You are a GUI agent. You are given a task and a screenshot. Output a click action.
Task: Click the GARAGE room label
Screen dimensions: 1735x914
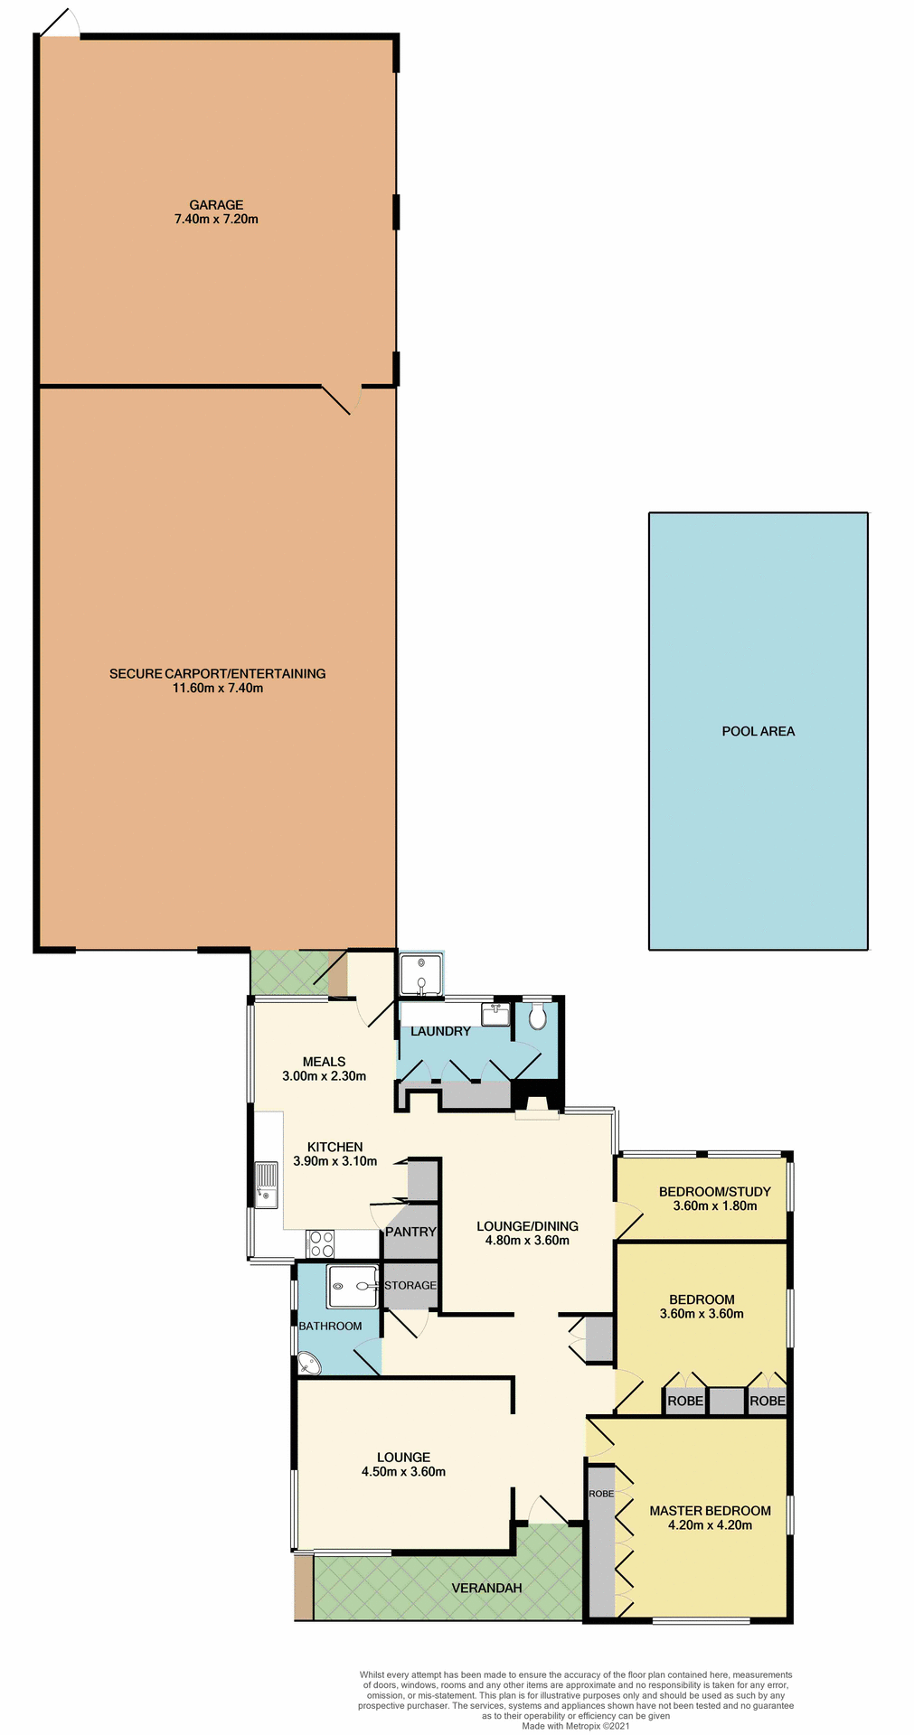pyautogui.click(x=216, y=205)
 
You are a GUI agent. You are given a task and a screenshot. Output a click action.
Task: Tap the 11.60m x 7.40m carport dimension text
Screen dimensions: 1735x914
pyautogui.click(x=218, y=688)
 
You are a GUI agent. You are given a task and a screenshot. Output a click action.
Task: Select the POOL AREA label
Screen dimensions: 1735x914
pyautogui.click(x=758, y=731)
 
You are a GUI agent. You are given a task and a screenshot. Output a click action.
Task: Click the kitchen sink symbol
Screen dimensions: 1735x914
pyautogui.click(x=266, y=1186)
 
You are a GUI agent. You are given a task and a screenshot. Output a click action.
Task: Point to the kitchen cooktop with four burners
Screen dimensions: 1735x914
pyautogui.click(x=320, y=1243)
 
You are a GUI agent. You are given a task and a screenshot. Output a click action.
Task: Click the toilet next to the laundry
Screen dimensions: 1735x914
pyautogui.click(x=538, y=1018)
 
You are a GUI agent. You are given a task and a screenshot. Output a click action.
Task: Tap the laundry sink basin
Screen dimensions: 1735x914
pyautogui.click(x=495, y=1015)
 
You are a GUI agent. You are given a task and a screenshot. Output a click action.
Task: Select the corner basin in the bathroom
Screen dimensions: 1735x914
pyautogui.click(x=309, y=1363)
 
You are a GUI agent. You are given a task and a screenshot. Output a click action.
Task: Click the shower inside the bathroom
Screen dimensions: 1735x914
pyautogui.click(x=353, y=1286)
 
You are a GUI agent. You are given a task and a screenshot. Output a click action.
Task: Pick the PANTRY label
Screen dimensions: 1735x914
pyautogui.click(x=410, y=1232)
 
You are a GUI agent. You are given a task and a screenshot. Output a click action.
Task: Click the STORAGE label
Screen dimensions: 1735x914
pyautogui.click(x=410, y=1285)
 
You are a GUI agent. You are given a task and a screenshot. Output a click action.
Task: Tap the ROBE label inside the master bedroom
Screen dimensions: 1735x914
pyautogui.click(x=601, y=1494)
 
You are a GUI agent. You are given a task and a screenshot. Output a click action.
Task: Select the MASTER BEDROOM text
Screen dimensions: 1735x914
pyautogui.click(x=710, y=1510)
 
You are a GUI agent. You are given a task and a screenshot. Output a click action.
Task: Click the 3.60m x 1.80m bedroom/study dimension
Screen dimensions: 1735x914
pyautogui.click(x=714, y=1205)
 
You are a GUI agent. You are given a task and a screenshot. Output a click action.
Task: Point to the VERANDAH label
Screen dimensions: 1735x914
pyautogui.click(x=486, y=1588)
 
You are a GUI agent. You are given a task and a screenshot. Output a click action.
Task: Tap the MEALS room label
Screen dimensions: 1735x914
pyautogui.click(x=324, y=1062)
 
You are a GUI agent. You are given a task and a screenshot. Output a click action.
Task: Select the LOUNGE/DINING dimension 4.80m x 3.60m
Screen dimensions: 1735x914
pyautogui.click(x=527, y=1241)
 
